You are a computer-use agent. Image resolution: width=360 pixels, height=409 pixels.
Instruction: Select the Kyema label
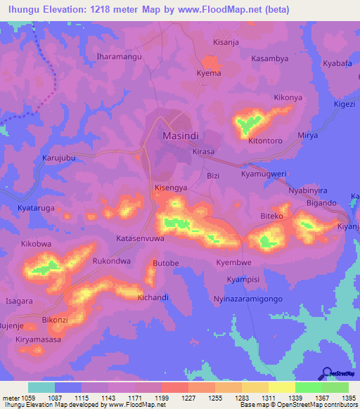pyautogui.click(x=209, y=73)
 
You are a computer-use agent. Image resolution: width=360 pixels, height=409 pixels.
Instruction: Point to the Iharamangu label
pyautogui.click(x=119, y=56)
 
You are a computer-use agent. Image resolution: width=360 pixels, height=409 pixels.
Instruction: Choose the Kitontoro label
pyautogui.click(x=265, y=141)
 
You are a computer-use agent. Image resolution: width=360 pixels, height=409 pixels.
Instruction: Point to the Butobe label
pyautogui.click(x=166, y=262)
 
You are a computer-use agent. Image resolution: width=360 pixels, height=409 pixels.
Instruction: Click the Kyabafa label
pyautogui.click(x=337, y=63)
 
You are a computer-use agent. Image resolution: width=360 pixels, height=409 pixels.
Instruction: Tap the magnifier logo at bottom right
pyautogui.click(x=327, y=372)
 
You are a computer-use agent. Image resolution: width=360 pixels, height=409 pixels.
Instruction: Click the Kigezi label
pyautogui.click(x=345, y=104)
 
